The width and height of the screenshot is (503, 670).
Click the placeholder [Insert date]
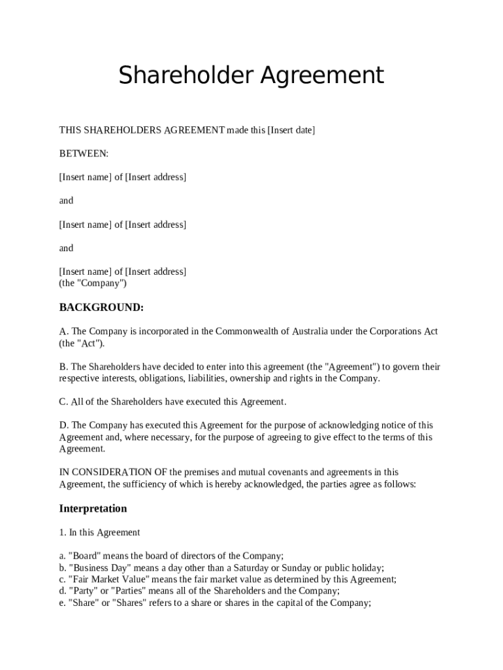click(x=291, y=130)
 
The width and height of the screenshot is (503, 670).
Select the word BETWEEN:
click(x=84, y=154)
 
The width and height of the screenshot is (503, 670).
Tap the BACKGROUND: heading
click(x=101, y=308)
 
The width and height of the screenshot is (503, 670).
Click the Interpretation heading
click(x=93, y=509)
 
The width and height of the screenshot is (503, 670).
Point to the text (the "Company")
click(x=93, y=283)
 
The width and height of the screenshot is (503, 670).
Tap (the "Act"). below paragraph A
click(x=82, y=343)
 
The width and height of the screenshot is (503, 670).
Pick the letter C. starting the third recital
click(x=63, y=402)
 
